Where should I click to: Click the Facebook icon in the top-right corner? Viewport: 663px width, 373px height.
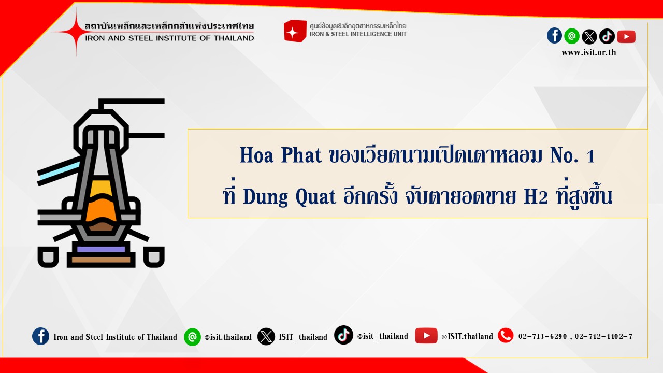[554, 36]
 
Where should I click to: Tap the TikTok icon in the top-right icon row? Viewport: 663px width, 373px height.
[607, 36]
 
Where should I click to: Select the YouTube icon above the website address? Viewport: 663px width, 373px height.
[626, 37]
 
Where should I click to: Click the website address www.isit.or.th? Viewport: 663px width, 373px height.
[589, 53]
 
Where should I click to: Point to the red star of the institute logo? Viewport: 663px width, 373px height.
[76, 32]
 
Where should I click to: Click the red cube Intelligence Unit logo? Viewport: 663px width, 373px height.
[295, 31]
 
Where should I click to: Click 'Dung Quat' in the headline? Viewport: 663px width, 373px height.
[290, 196]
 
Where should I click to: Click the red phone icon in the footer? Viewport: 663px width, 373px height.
[506, 336]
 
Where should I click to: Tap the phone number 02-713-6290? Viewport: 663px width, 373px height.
[542, 336]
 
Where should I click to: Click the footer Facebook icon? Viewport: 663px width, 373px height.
[40, 336]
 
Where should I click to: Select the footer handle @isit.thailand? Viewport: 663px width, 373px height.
[228, 337]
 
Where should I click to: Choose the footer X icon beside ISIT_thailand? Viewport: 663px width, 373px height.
[266, 337]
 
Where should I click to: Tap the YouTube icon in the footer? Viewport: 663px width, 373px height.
[426, 336]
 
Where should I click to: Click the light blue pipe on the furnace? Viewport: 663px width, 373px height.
[59, 171]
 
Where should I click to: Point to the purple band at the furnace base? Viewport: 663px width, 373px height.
[101, 249]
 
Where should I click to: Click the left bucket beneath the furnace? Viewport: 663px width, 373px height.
[48, 256]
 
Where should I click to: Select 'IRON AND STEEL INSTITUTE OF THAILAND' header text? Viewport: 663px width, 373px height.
[169, 38]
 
